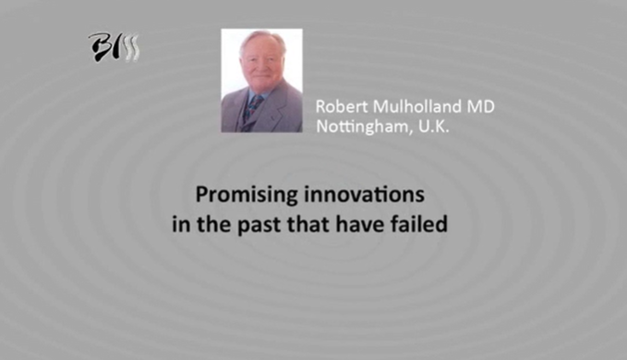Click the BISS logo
[x=114, y=47]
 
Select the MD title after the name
[x=481, y=106]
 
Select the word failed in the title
[x=421, y=223]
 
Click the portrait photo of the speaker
[x=261, y=80]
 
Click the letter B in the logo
[x=100, y=47]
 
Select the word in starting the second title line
[x=179, y=223]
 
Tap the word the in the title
[x=218, y=223]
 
